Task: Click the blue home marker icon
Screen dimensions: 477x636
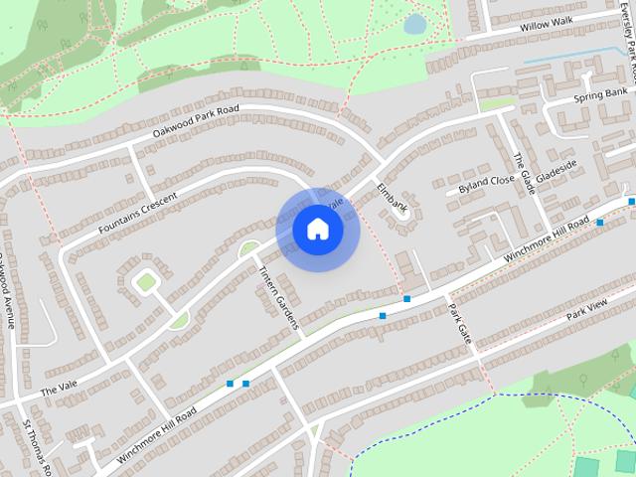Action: point(318,230)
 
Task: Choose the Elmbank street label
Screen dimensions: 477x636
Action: point(394,197)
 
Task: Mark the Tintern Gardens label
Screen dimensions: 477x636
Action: point(278,289)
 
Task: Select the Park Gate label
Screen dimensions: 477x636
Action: point(458,324)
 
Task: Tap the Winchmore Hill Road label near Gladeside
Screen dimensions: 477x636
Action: point(547,239)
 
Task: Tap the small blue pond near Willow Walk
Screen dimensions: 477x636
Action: point(414,24)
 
